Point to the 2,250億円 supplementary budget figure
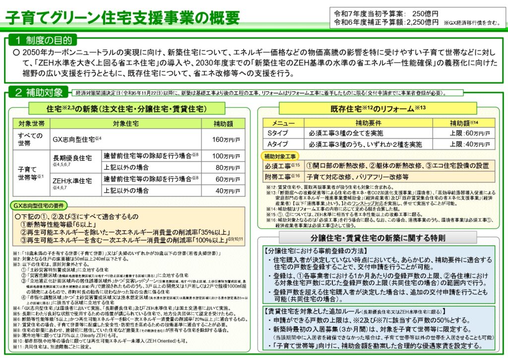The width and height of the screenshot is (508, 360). tap(422, 22)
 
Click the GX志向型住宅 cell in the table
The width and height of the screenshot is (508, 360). tap(77, 140)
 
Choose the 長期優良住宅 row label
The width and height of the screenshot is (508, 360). tap(72, 158)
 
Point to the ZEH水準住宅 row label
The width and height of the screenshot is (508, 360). tap(72, 181)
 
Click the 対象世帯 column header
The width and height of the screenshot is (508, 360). tap(31, 123)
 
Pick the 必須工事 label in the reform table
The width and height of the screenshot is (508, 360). tap(280, 165)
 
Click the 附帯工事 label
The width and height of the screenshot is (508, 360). tap(280, 176)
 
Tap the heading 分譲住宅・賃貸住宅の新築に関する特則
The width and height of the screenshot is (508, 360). tap(378, 237)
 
